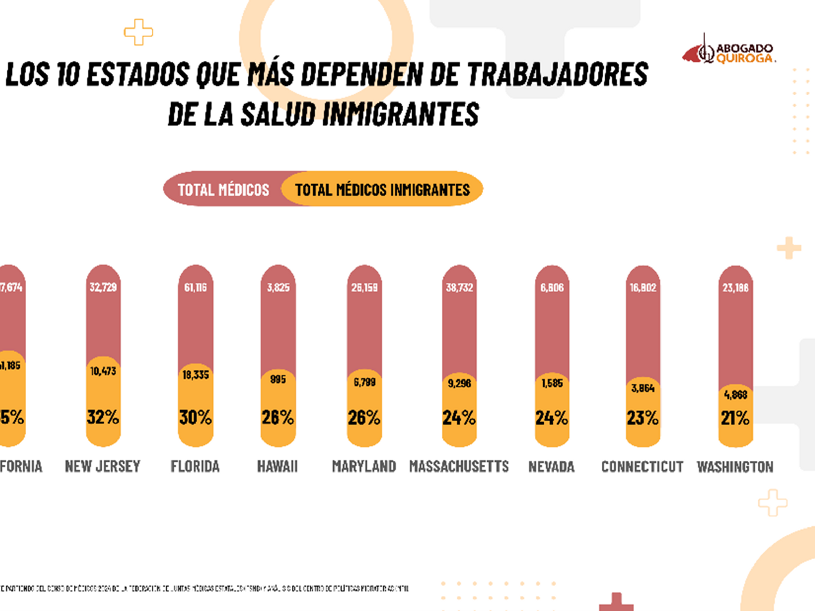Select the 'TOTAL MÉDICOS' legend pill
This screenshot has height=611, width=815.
pos(223,190)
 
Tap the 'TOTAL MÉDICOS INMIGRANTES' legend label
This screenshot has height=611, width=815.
pos(382,190)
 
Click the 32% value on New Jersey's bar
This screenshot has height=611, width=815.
pos(103,417)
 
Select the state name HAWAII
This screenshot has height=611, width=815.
pos(277,467)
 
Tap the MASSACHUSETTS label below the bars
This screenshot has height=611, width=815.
pos(459,467)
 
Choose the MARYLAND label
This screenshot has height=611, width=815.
pos(364,467)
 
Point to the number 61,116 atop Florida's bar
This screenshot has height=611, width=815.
pos(195,287)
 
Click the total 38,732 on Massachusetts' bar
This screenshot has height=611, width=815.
pos(459,287)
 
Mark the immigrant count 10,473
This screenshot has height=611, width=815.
pos(103,371)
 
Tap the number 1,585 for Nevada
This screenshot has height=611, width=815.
pos(552,383)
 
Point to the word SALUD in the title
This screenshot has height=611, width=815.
pos(278,114)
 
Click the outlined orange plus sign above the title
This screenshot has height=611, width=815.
pos(139,32)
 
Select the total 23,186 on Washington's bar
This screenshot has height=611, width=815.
pos(736,287)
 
